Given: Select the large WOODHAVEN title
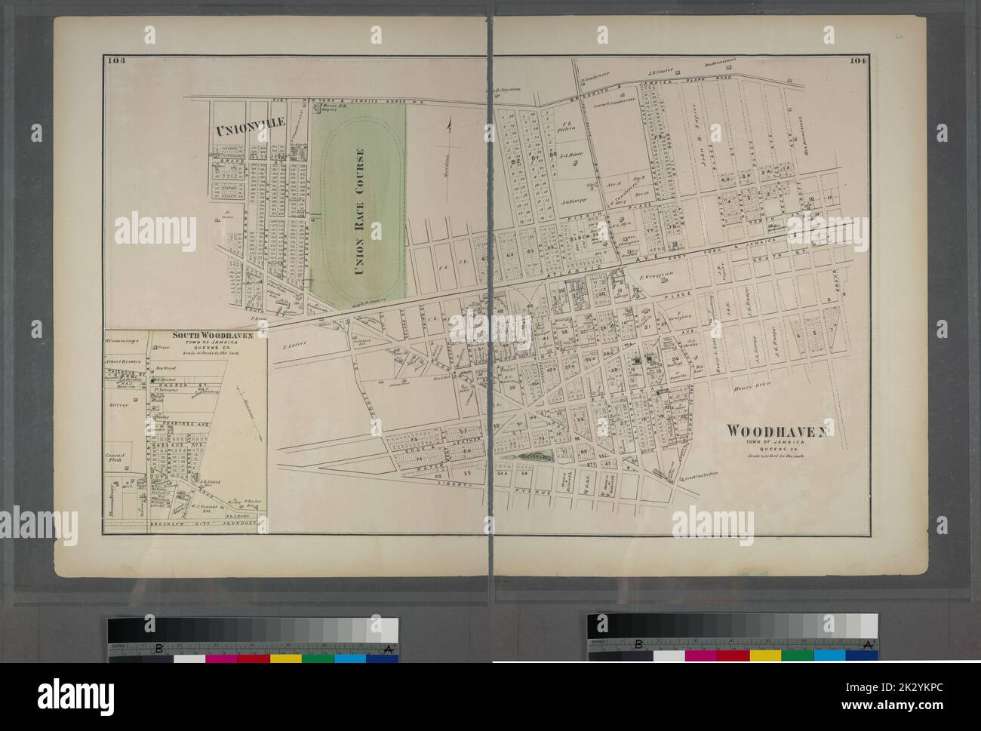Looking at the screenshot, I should coord(776,431).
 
